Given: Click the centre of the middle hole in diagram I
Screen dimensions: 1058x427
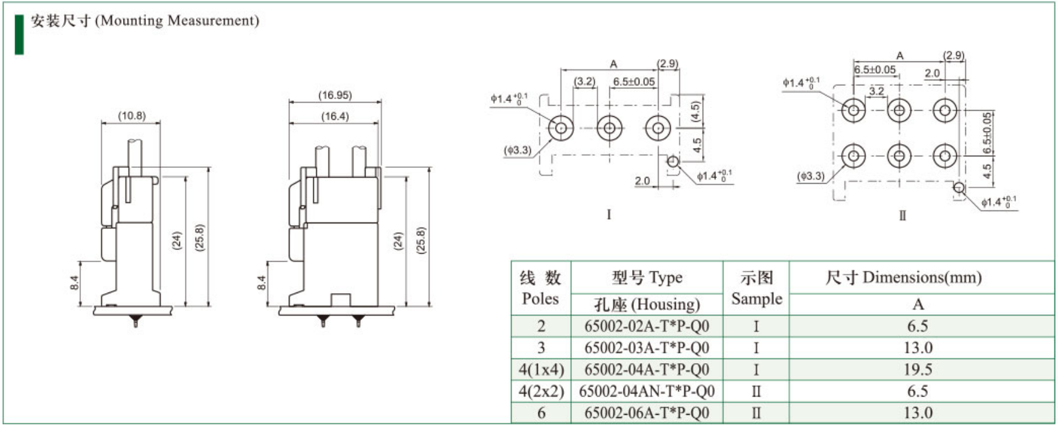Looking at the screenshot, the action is [x=609, y=128].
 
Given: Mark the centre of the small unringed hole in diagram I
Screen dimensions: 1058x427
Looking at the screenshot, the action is [x=673, y=162].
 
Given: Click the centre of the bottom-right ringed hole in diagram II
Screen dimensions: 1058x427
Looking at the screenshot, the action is [x=945, y=156].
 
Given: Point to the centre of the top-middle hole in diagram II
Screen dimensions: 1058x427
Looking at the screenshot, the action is [x=899, y=110].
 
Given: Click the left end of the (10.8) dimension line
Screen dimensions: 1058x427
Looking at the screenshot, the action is [x=102, y=123].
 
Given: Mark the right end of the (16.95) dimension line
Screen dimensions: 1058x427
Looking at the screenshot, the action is [x=381, y=102].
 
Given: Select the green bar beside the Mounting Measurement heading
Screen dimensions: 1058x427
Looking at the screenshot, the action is [x=19, y=34].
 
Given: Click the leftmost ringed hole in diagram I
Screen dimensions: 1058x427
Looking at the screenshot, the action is [x=561, y=128].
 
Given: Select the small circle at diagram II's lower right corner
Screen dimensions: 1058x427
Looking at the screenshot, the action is [x=959, y=187].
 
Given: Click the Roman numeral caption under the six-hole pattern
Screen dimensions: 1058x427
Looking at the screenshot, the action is [x=902, y=215].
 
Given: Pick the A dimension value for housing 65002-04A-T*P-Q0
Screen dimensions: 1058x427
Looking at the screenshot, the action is [x=917, y=369].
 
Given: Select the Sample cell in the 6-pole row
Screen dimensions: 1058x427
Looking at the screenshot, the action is [x=756, y=413].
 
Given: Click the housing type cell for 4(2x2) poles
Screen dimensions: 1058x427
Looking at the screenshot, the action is [x=647, y=391].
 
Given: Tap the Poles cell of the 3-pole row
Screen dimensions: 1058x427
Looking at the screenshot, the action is [x=541, y=348].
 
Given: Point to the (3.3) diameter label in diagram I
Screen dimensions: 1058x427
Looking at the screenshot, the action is [x=518, y=150].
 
